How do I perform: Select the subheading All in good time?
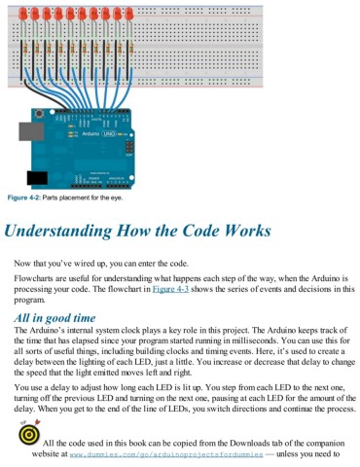click(55, 319)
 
